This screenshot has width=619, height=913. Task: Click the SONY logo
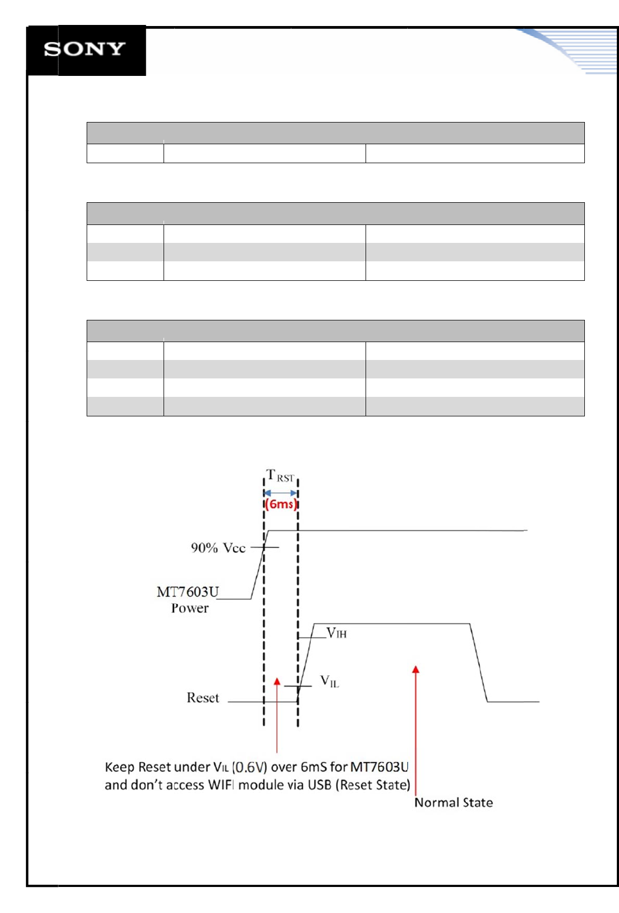(x=85, y=49)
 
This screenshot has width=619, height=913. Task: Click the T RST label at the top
(x=280, y=476)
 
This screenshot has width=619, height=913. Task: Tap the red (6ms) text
(x=281, y=504)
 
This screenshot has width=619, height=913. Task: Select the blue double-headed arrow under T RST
(x=281, y=493)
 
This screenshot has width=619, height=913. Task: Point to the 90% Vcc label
(x=218, y=548)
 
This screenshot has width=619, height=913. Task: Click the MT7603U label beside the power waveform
(x=188, y=591)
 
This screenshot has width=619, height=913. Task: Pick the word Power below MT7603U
(x=190, y=608)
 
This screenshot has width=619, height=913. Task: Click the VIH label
(x=336, y=633)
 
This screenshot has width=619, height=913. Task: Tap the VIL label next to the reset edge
(x=329, y=681)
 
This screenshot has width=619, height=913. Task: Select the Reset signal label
(x=203, y=698)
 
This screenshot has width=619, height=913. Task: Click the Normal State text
(x=454, y=802)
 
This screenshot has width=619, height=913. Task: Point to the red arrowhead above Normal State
(x=416, y=670)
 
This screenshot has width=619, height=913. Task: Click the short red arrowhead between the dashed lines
(x=277, y=681)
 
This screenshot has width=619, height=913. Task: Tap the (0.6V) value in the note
(x=250, y=767)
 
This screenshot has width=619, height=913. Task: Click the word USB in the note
(x=320, y=785)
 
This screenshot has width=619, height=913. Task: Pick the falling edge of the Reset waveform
(x=479, y=663)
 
